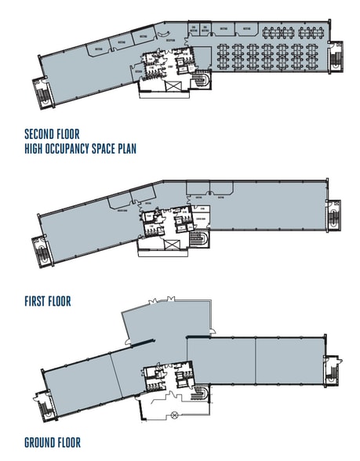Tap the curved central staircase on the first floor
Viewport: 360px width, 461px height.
point(202,239)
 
